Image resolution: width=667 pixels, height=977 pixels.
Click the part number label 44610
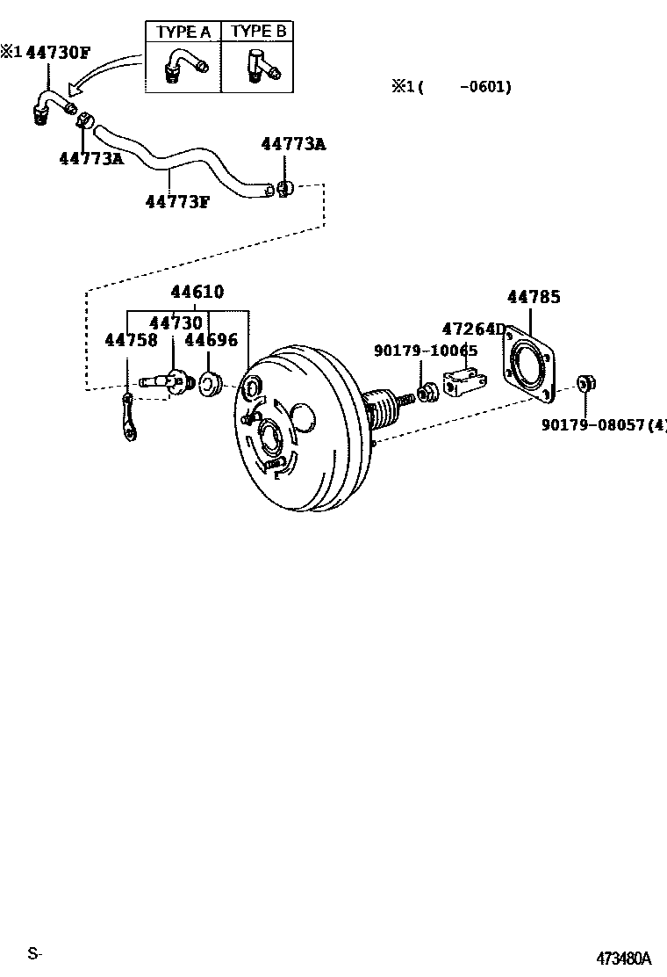click(197, 292)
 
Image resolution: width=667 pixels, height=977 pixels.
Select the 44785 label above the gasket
click(534, 297)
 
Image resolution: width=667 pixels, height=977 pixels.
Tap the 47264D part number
click(474, 329)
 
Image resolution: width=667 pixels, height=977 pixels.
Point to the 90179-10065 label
click(426, 351)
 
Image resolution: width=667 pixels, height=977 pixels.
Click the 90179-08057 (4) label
click(604, 425)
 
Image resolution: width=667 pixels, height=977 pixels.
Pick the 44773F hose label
click(177, 201)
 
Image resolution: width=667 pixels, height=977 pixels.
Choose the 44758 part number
click(132, 340)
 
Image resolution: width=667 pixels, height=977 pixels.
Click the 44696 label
click(211, 340)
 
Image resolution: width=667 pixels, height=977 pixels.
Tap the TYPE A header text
click(183, 32)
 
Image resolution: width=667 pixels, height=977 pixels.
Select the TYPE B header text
click(258, 31)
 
